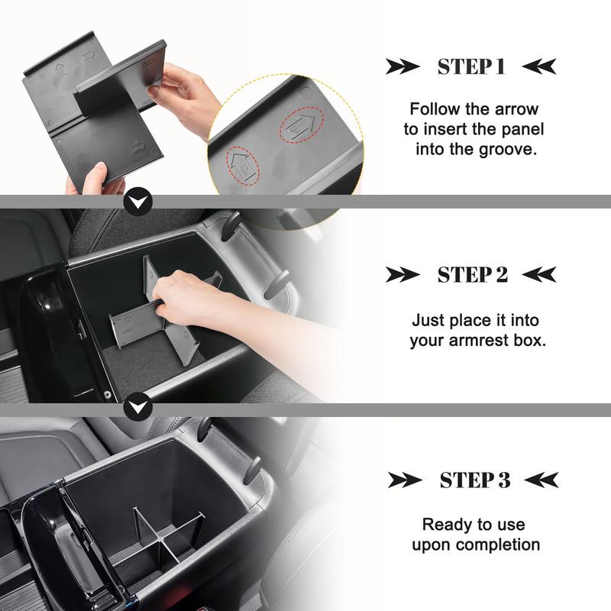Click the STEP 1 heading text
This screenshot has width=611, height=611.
pyautogui.click(x=471, y=66)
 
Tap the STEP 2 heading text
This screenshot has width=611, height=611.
pyautogui.click(x=472, y=275)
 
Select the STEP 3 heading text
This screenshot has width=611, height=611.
pyautogui.click(x=474, y=480)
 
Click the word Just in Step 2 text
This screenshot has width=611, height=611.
pyautogui.click(x=428, y=321)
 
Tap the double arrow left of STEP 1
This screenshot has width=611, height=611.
pyautogui.click(x=402, y=66)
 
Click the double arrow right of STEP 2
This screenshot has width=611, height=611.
pyautogui.click(x=539, y=275)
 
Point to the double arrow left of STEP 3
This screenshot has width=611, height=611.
pyautogui.click(x=405, y=480)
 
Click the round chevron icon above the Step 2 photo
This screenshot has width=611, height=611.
pyautogui.click(x=137, y=202)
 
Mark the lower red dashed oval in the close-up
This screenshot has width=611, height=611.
pyautogui.click(x=243, y=163)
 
